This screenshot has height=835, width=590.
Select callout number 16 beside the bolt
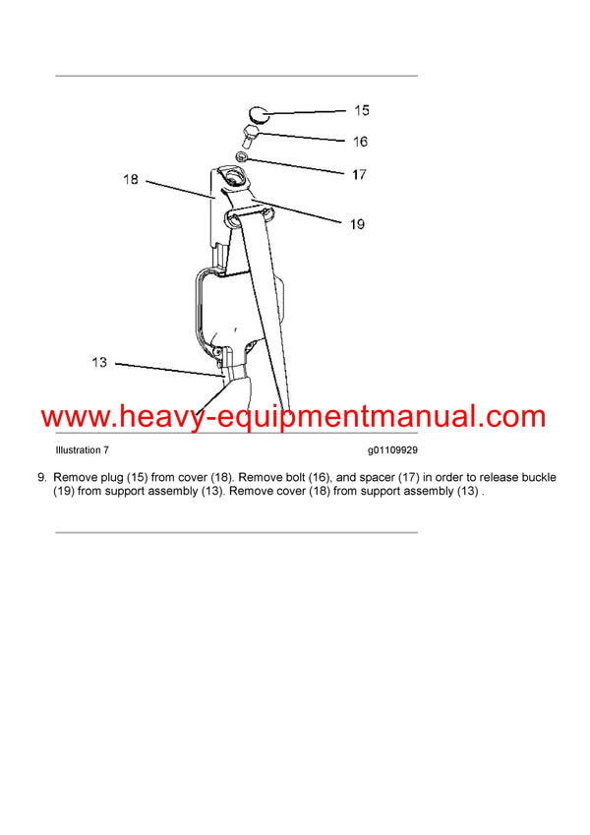[x=360, y=142]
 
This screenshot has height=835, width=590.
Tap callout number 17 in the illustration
[x=359, y=175]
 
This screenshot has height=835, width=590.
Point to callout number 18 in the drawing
[x=130, y=181]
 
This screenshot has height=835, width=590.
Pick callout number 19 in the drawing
[x=356, y=224]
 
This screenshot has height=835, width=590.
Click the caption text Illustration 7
[x=83, y=449]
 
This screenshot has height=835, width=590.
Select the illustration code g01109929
[x=391, y=449]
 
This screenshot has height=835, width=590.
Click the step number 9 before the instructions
[x=40, y=478]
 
